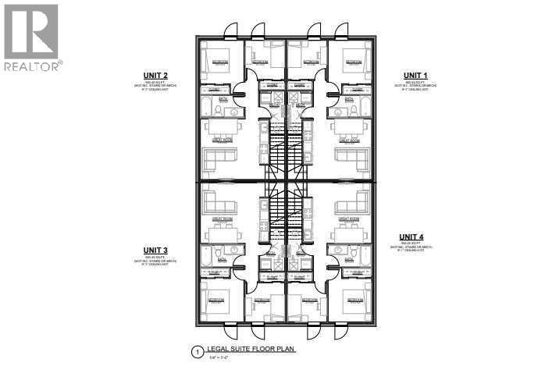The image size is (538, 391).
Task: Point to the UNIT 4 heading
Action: click(x=412, y=236)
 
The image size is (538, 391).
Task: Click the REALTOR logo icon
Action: click(x=30, y=30)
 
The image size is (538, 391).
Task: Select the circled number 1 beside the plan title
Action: click(x=196, y=353)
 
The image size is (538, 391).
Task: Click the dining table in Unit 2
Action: click(x=219, y=128)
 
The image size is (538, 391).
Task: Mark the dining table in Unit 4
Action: click(x=349, y=234)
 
